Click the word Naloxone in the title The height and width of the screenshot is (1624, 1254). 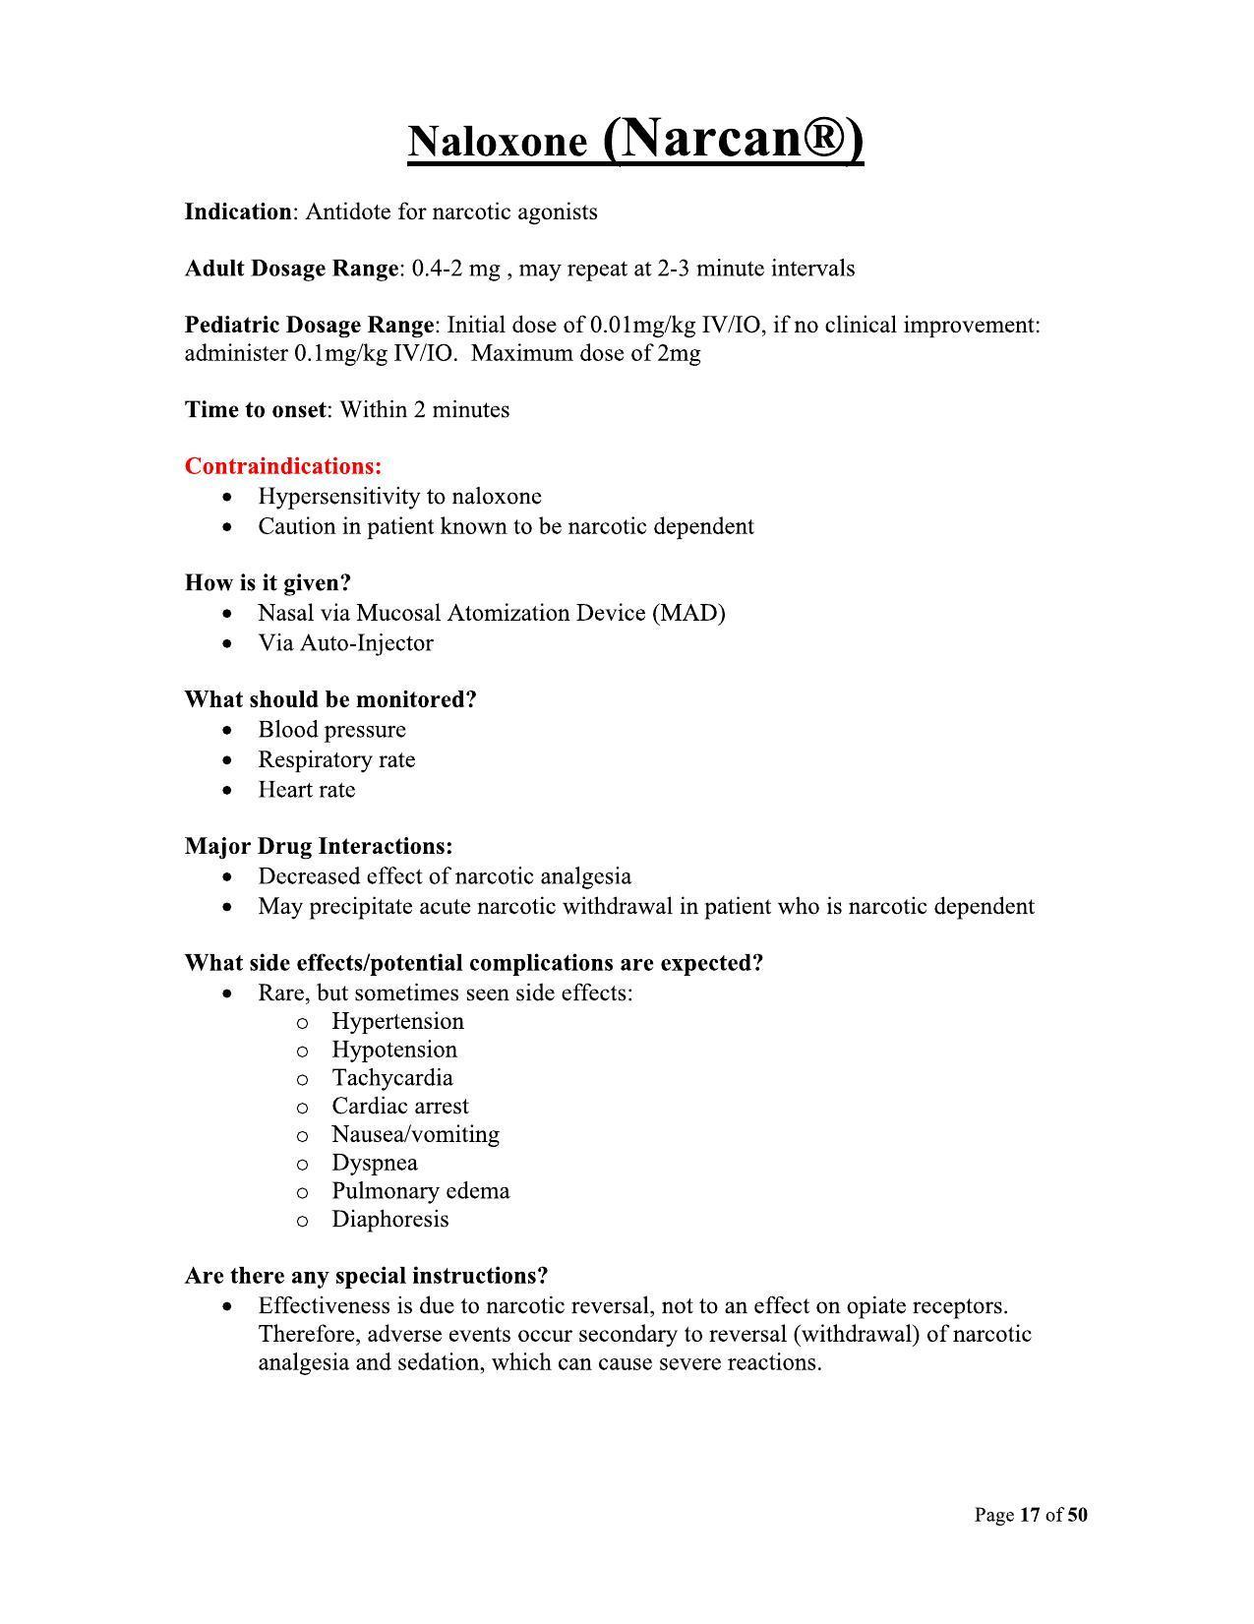[x=497, y=143]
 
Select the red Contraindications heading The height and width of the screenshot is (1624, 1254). [x=283, y=466]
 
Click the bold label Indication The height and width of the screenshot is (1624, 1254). [x=238, y=212]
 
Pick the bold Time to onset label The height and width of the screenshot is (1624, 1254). [x=255, y=410]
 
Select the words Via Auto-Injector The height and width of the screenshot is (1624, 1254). [x=345, y=643]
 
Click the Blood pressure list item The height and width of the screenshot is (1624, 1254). [x=331, y=730]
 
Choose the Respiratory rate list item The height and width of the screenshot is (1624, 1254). [x=336, y=760]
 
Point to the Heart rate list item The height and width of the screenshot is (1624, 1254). [x=306, y=790]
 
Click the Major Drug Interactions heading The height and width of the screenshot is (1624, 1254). [x=319, y=847]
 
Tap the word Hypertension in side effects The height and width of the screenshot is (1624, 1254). [x=397, y=1022]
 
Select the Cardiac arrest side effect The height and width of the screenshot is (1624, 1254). [x=400, y=1107]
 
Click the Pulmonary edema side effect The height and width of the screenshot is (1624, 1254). [x=420, y=1191]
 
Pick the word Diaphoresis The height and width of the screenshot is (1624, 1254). [x=389, y=1220]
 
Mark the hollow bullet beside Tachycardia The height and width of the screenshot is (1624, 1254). [x=303, y=1079]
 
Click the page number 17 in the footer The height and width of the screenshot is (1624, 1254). [x=1030, y=1515]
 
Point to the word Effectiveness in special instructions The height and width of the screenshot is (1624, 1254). [x=322, y=1306]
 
